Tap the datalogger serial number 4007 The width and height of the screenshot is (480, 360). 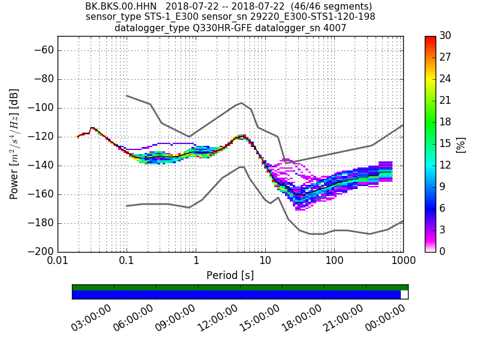(x=336, y=28)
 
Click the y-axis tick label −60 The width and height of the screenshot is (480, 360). (x=42, y=50)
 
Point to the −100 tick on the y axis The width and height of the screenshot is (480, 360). (x=40, y=108)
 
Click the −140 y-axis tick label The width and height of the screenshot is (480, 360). (x=40, y=166)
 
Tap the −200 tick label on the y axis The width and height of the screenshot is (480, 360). (x=40, y=251)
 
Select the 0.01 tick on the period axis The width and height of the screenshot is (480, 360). (x=58, y=262)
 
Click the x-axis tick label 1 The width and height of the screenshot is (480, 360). (x=196, y=262)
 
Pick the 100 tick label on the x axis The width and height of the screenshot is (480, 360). (x=334, y=262)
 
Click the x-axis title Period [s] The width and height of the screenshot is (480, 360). (x=230, y=275)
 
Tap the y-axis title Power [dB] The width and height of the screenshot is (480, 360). (x=14, y=144)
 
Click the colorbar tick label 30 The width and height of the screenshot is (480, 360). (x=446, y=36)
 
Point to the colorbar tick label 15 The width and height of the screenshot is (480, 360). (x=446, y=144)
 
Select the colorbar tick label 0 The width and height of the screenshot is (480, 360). (x=443, y=251)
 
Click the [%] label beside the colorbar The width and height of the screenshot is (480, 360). (x=461, y=144)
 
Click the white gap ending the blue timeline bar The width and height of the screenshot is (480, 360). (x=404, y=295)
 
